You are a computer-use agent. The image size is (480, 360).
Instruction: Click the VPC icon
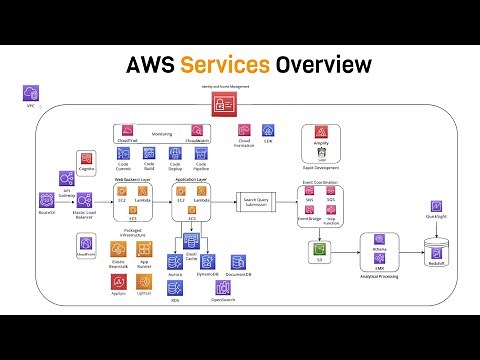coord(30,93)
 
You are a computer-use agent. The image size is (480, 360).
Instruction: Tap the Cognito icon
coord(85,158)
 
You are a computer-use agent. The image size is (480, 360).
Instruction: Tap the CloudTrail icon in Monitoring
coord(128,131)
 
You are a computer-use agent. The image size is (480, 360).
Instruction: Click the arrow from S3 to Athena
coord(346,255)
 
